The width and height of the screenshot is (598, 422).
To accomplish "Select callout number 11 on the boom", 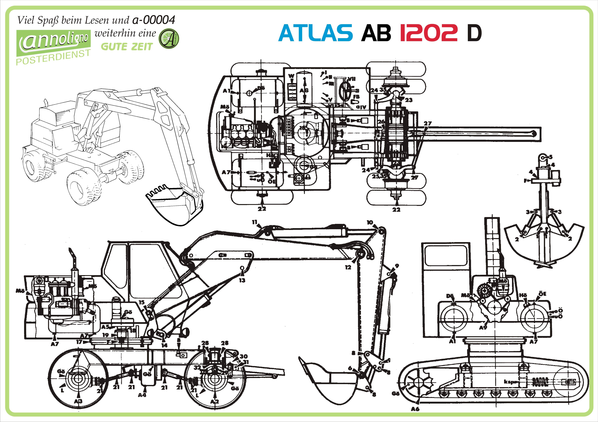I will (254, 222).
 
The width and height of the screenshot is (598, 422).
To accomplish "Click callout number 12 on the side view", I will (348, 267).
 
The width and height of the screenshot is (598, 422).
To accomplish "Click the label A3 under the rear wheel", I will (78, 401).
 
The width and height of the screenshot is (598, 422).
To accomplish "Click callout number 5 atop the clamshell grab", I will (551, 157).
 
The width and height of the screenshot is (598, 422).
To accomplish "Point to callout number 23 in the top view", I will (409, 100).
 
